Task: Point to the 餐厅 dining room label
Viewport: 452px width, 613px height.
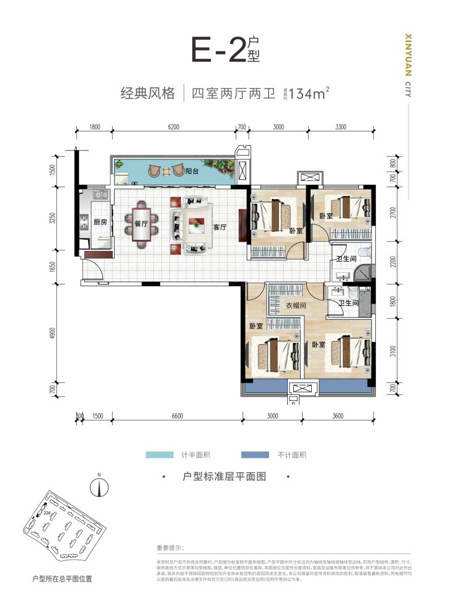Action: click(140, 224)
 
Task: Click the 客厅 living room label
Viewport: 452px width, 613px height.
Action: click(220, 227)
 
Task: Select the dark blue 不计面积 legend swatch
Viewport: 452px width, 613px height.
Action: click(251, 455)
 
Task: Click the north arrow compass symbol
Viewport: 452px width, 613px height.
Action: click(97, 486)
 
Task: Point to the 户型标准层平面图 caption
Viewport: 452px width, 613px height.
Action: click(225, 478)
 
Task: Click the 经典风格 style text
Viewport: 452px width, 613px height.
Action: click(147, 94)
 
